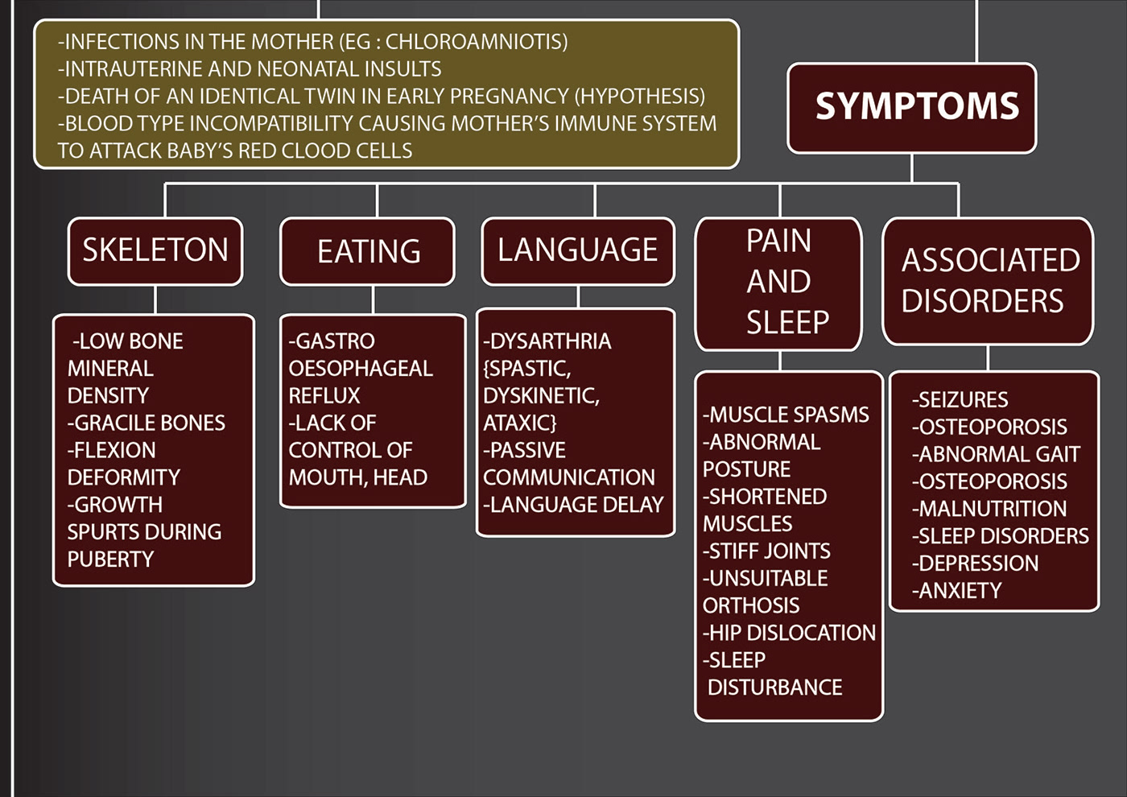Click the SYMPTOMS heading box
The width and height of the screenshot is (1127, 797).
(912, 108)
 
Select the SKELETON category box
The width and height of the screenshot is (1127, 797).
(155, 250)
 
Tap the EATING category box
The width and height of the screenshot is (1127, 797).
(368, 251)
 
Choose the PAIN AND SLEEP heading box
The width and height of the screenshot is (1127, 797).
(778, 282)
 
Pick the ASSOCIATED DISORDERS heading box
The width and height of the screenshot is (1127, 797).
(988, 280)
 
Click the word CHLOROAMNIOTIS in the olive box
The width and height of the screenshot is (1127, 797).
(476, 42)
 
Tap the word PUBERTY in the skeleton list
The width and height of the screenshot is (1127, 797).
(110, 560)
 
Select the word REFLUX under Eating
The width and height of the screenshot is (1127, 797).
(324, 396)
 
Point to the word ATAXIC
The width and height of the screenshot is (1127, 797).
(519, 423)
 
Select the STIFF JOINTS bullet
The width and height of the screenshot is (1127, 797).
(768, 551)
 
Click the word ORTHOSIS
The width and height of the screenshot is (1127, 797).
(751, 605)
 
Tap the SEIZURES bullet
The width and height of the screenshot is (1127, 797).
(961, 400)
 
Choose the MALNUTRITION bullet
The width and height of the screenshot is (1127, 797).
(991, 509)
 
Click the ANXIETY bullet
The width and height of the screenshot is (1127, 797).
(958, 591)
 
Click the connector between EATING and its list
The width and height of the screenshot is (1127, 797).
(373, 300)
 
